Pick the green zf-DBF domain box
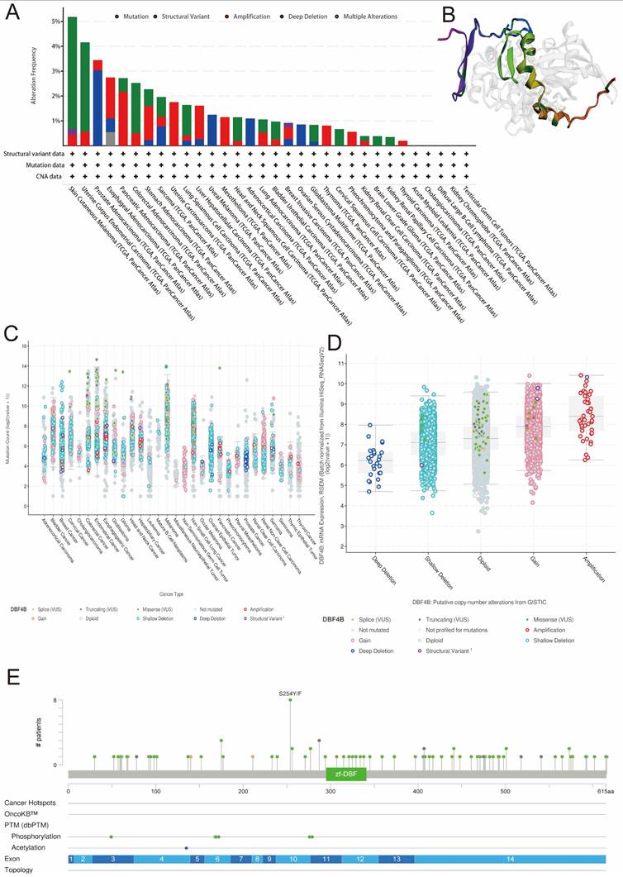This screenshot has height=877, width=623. [x=345, y=774]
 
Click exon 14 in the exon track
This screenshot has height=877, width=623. [x=510, y=860]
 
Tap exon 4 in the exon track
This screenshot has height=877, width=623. [x=161, y=860]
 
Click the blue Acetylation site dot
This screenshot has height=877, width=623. [x=187, y=848]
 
